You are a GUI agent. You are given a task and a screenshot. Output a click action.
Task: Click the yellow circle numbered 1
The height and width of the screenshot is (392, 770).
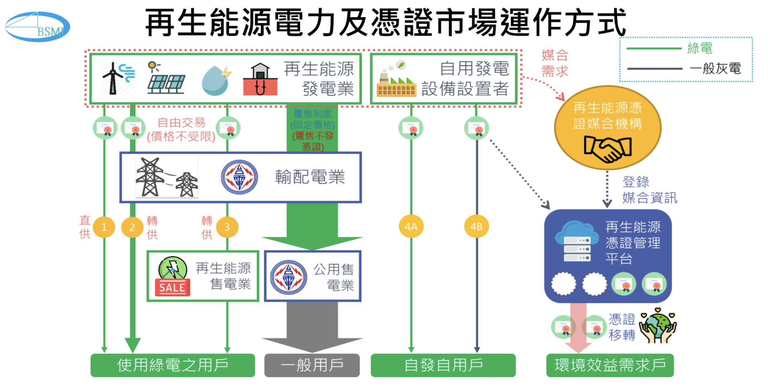(104, 227)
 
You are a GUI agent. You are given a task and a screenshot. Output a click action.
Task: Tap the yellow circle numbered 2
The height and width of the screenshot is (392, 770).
(132, 227)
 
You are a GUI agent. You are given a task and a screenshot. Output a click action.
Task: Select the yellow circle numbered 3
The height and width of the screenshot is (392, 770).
(227, 227)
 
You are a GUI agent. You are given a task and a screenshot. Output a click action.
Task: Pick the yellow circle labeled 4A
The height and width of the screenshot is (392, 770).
(411, 227)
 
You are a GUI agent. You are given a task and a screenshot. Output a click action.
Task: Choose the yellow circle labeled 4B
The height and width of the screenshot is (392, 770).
(476, 227)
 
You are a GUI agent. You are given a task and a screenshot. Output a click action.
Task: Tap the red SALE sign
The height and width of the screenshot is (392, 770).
(172, 287)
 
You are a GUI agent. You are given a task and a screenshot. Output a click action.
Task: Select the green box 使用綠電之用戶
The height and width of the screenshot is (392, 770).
(172, 365)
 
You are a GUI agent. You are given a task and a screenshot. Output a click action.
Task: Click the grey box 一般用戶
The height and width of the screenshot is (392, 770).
(312, 365)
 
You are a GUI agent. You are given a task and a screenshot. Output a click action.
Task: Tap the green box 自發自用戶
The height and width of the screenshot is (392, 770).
(443, 365)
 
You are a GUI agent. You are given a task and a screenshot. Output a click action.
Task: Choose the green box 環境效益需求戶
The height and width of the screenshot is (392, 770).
(610, 365)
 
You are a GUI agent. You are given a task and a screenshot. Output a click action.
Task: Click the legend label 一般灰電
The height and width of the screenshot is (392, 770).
(715, 69)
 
